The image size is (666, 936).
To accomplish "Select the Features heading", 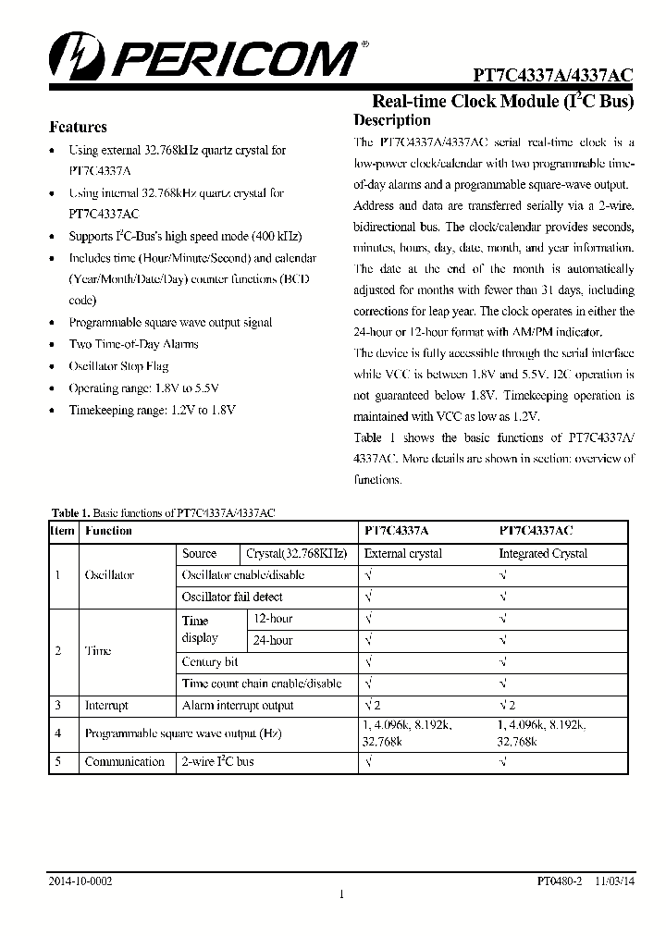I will (78, 128).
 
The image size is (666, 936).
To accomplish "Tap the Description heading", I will (392, 120).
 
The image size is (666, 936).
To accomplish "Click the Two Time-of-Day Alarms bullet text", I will (133, 344).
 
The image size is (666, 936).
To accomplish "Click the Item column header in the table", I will (62, 531).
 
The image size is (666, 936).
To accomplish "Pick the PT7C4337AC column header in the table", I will (536, 531).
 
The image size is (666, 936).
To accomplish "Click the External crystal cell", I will (403, 554).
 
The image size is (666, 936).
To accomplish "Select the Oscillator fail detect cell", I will (232, 597).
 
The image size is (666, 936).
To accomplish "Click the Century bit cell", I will (210, 662).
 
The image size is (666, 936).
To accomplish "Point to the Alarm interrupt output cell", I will (238, 706).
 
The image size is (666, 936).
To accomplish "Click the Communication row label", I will (124, 762).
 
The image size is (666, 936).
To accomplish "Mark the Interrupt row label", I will (106, 706).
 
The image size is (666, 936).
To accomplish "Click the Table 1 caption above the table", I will (164, 511).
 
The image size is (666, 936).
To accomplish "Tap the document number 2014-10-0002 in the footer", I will (80, 882).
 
